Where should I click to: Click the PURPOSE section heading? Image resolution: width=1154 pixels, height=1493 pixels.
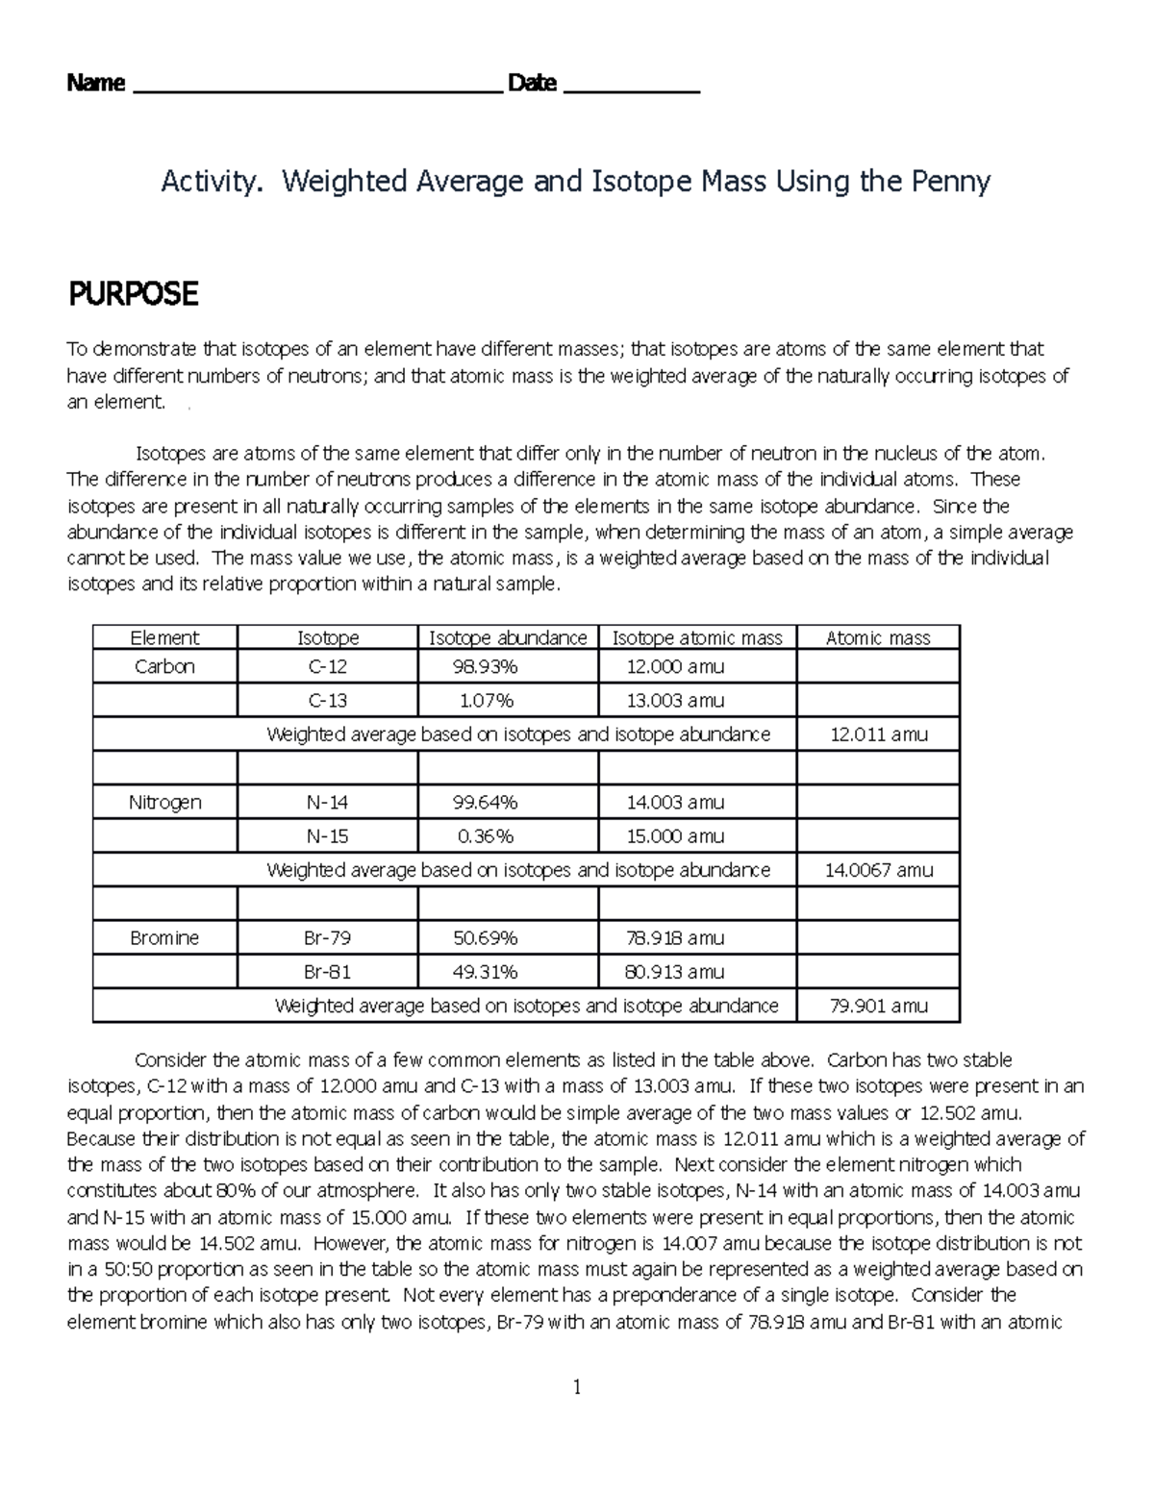[x=133, y=294]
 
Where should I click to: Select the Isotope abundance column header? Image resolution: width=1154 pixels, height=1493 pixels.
[x=508, y=637]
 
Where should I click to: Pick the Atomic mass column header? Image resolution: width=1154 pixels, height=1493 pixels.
[x=878, y=637]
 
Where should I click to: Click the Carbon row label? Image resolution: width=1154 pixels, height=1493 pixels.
[x=164, y=666]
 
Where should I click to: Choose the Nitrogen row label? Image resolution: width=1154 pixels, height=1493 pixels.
[x=164, y=802]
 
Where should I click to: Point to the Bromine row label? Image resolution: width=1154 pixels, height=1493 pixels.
[x=164, y=937]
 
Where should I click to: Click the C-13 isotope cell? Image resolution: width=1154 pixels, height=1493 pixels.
[x=327, y=701]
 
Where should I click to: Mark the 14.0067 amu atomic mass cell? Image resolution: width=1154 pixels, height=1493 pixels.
[x=878, y=870]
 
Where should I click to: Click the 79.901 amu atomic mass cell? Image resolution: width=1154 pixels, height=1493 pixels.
[x=878, y=1006]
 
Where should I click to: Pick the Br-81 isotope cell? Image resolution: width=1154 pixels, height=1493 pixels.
[x=327, y=972]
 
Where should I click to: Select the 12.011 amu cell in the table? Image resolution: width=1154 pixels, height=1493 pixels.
[x=878, y=734]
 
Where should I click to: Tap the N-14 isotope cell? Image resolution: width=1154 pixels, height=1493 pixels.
[x=327, y=802]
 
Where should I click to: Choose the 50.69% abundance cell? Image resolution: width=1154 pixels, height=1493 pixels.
[x=485, y=937]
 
